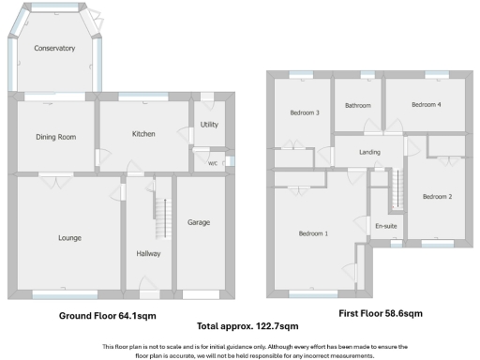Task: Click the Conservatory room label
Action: click(x=53, y=48)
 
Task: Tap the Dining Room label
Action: click(x=54, y=137)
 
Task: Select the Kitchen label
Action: click(x=142, y=134)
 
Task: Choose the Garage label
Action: click(x=199, y=222)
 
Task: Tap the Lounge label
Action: click(x=69, y=238)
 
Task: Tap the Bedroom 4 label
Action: click(x=426, y=104)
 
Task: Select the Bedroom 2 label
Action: click(x=437, y=197)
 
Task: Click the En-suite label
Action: click(x=385, y=226)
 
